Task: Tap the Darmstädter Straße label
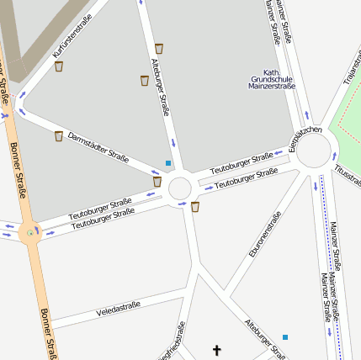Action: (x=98, y=146)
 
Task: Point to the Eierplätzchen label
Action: (x=305, y=139)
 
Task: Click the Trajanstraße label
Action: (x=351, y=67)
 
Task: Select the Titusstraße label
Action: (x=348, y=174)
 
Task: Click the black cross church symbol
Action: (x=216, y=349)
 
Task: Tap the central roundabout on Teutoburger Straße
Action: (x=180, y=188)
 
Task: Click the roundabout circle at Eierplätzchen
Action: (x=314, y=152)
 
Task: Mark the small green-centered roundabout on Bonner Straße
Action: (x=30, y=232)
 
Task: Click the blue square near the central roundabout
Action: (x=168, y=162)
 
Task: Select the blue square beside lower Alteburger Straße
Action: (x=285, y=336)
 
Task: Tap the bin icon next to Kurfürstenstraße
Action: (x=59, y=66)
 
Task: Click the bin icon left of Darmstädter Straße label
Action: (x=58, y=135)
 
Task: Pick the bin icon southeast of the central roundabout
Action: (x=195, y=206)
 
